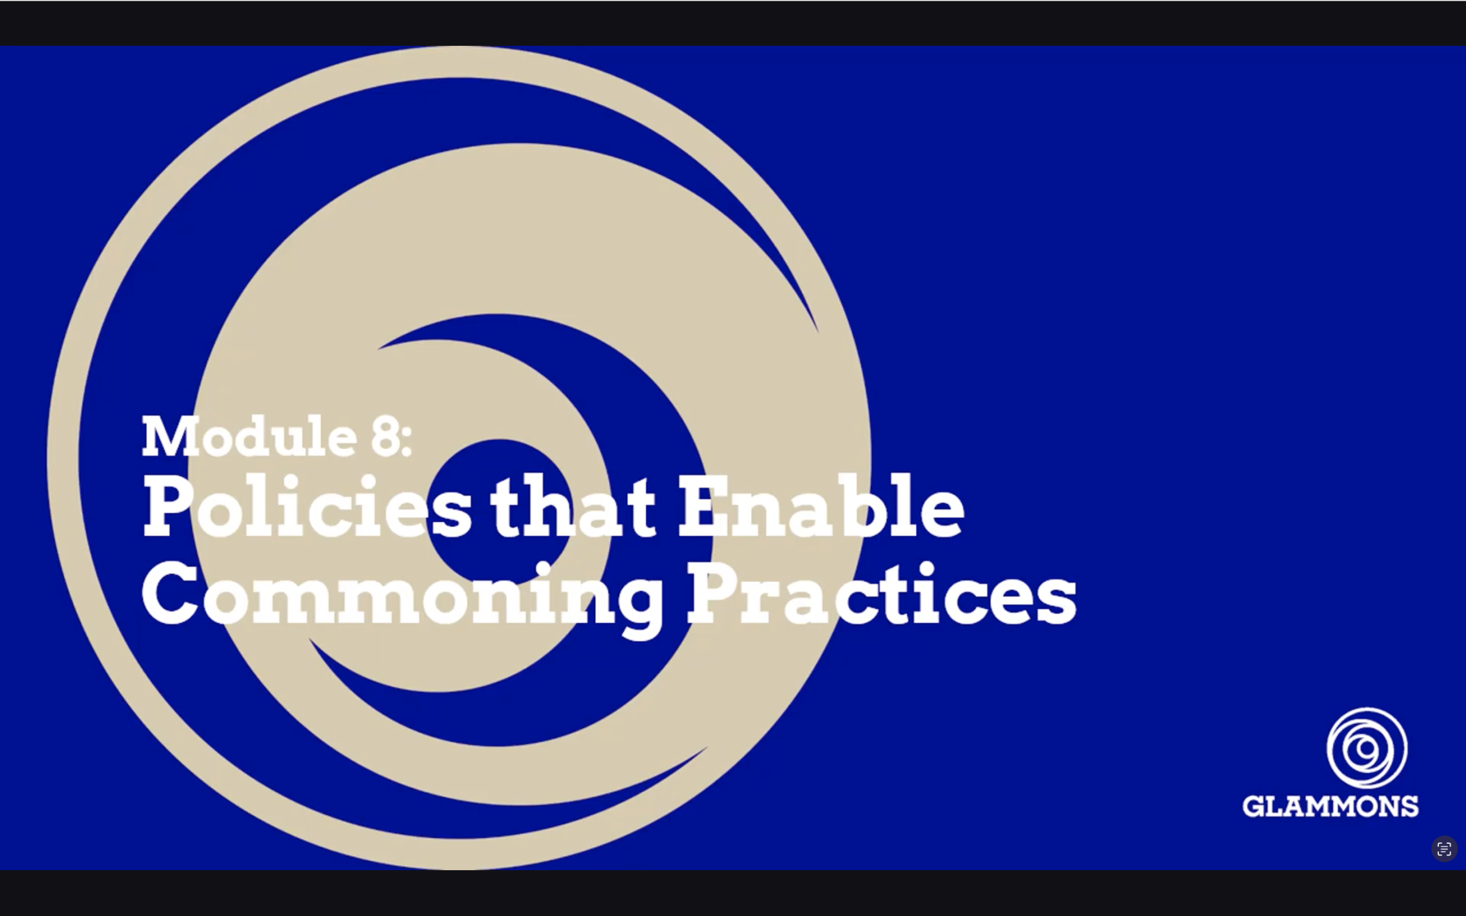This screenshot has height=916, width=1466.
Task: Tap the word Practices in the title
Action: (881, 594)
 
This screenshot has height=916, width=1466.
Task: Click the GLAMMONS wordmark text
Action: (1330, 806)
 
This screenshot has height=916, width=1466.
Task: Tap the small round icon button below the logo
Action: (1444, 849)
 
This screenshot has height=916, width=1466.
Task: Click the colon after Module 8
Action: (406, 441)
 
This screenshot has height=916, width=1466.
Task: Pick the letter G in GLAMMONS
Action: (1255, 806)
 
